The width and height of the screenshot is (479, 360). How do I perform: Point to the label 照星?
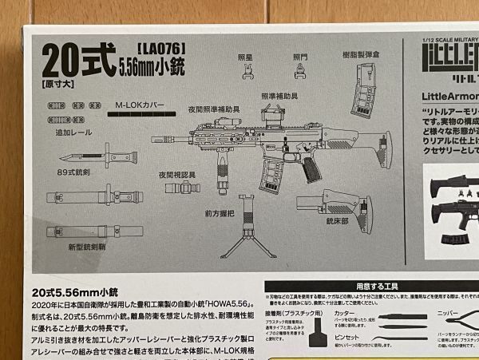click(247, 57)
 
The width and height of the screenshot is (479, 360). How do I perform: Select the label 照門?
click(300, 57)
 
